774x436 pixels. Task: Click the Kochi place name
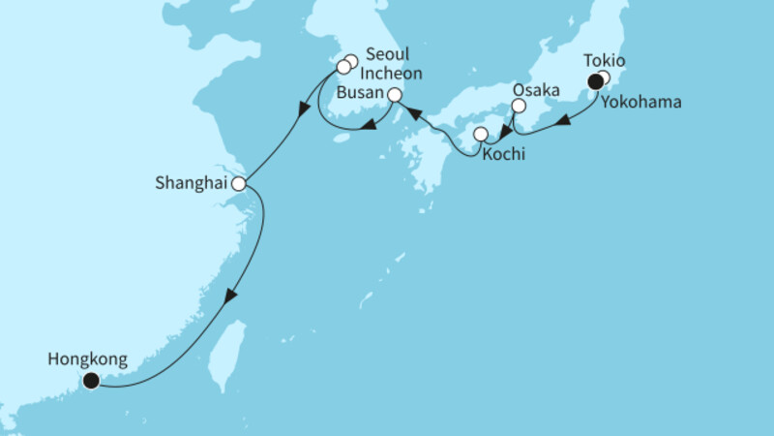click(x=508, y=152)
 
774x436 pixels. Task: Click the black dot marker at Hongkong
click(x=91, y=381)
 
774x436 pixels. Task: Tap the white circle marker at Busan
click(x=395, y=95)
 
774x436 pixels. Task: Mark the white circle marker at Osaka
click(x=518, y=106)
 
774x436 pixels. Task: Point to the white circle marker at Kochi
click(x=480, y=134)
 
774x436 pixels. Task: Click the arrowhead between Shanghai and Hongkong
click(x=228, y=300)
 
